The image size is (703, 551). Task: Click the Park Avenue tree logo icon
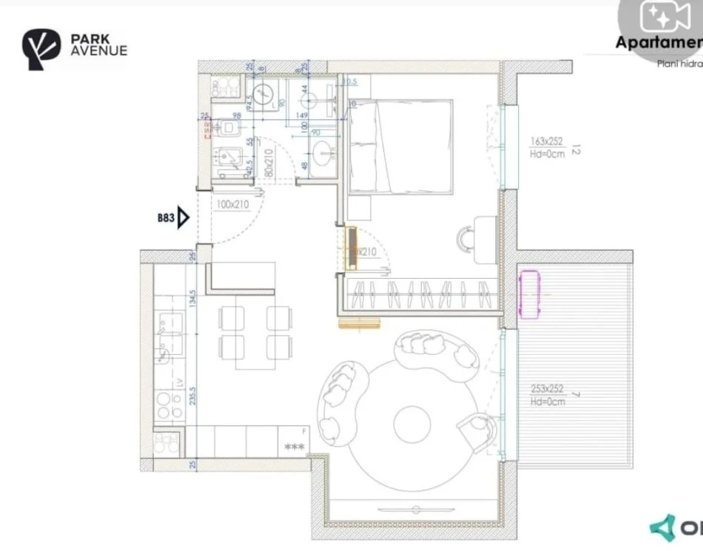click(39, 50)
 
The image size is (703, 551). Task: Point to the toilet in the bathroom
click(226, 129)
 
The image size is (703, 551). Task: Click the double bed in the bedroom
click(400, 147)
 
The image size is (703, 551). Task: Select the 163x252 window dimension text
click(547, 141)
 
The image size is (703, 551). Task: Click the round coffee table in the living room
click(411, 424)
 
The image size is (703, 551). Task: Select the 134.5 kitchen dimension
click(193, 299)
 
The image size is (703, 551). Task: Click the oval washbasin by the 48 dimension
click(323, 155)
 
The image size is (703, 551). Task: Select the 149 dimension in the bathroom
click(301, 115)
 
